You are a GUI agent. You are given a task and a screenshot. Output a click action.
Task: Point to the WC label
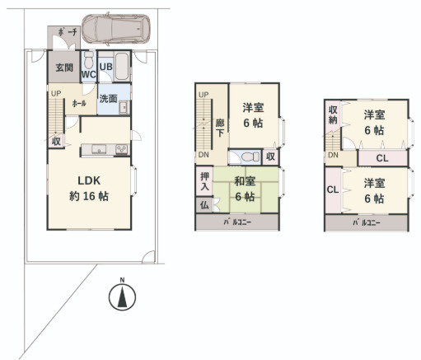[x=89, y=74]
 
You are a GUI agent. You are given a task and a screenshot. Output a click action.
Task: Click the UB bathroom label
[x=106, y=68]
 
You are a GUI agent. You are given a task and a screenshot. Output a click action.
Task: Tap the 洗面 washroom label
[x=109, y=98]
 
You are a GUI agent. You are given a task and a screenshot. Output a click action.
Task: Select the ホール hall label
[x=80, y=104]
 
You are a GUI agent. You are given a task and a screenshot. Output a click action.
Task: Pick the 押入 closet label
[x=205, y=182]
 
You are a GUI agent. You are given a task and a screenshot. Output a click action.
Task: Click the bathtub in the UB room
[x=121, y=63]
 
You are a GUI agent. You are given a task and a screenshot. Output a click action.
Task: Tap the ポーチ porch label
[x=68, y=33]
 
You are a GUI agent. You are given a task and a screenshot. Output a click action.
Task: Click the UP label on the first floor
[x=54, y=93]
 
